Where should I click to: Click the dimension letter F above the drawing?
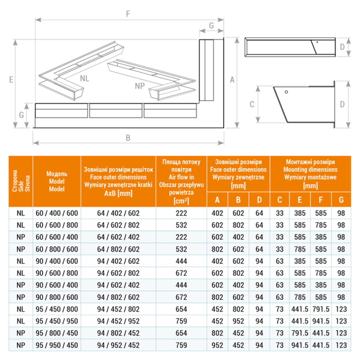coord(128,14)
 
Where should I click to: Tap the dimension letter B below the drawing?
coord(128,138)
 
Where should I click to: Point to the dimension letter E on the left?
coord(11,80)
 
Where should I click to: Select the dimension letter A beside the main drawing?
coord(232,80)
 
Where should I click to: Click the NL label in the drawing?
coord(85,78)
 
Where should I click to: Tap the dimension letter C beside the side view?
coord(252,104)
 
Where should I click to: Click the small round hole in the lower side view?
coord(286,92)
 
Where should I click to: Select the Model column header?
coord(57,181)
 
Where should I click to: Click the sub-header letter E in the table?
coord(300,200)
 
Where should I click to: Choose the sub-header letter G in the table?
coord(341,200)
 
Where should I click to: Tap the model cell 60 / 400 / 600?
coord(57,213)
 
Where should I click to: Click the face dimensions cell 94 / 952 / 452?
coord(118,345)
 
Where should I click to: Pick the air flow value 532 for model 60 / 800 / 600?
coord(181,249)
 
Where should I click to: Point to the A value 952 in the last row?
coord(217,345)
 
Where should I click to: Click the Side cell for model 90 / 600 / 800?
coord(21,273)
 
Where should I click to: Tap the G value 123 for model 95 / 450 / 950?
coord(341,321)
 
